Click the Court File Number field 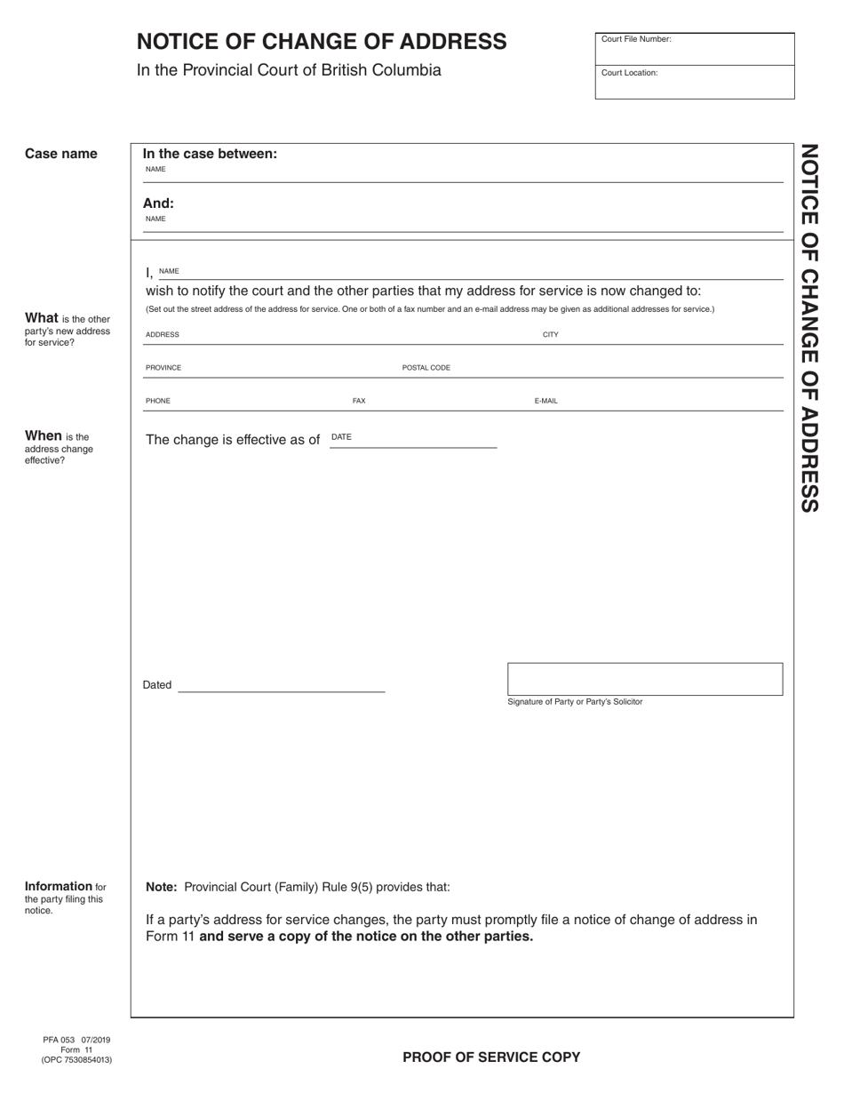pos(694,49)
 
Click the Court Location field pos(694,82)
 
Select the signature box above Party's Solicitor pos(645,679)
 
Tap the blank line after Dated pos(282,685)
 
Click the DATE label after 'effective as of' pos(341,436)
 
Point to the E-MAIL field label pos(545,401)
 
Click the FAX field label pos(359,401)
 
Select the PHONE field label pos(158,401)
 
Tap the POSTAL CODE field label pos(426,368)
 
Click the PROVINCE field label pos(163,368)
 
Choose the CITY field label pos(551,335)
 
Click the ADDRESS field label pos(163,335)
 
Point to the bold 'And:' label pos(158,203)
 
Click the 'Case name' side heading pos(61,154)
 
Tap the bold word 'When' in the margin pos(44,435)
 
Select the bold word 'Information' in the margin pos(59,886)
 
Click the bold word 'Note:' pos(162,887)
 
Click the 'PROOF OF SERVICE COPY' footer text pos(491,1057)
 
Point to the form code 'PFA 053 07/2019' pos(76,1040)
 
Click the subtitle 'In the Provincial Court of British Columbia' pos(289,70)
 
